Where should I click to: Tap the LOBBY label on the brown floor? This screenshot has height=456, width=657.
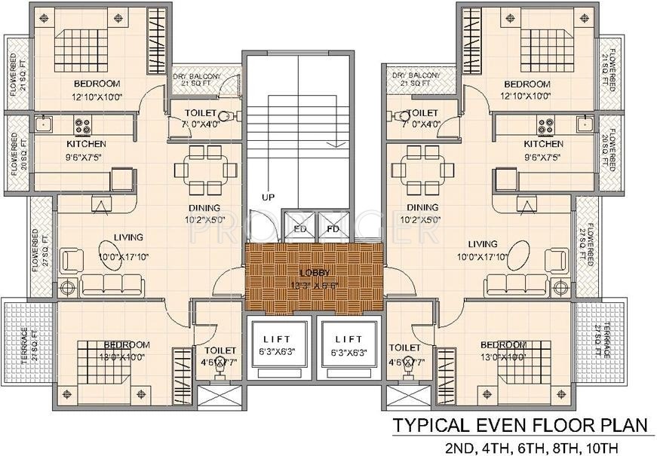click(x=313, y=272)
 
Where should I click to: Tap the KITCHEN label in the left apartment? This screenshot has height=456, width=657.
click(x=86, y=143)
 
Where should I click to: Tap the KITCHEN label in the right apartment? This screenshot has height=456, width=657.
click(x=543, y=143)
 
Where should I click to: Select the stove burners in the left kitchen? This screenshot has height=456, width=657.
click(x=82, y=122)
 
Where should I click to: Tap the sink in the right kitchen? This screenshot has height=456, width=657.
click(x=584, y=122)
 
